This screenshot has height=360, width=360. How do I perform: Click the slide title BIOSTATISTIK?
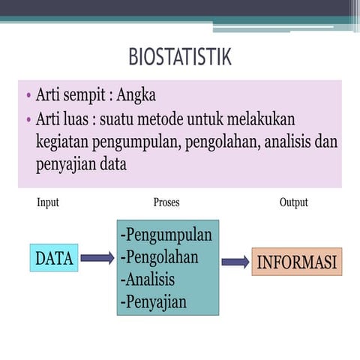(180, 57)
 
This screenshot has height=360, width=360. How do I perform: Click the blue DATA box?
(54, 258)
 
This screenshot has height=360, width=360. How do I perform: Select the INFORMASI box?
(296, 262)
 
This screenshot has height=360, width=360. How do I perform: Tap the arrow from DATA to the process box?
(97, 258)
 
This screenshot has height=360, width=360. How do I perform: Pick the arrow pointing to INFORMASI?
(235, 262)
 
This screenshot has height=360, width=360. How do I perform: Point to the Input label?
(47, 202)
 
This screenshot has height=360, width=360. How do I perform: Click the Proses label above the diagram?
(166, 202)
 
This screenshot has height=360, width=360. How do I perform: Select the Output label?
(293, 202)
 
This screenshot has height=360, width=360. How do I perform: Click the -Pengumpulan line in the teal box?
(166, 235)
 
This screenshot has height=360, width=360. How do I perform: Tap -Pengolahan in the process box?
(159, 257)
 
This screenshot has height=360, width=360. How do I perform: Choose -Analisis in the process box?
(147, 280)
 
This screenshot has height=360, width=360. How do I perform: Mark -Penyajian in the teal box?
(153, 302)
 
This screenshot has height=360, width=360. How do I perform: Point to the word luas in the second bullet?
(76, 120)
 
